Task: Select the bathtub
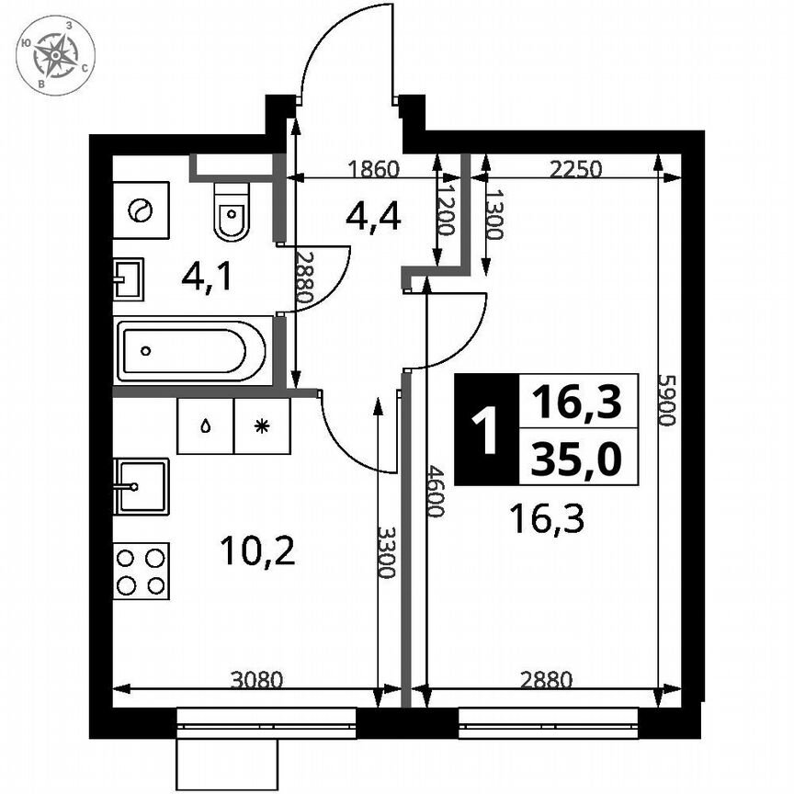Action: click(194, 350)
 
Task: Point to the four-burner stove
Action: click(142, 571)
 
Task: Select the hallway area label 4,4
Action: click(373, 217)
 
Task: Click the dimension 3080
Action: click(255, 681)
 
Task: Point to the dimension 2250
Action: click(575, 168)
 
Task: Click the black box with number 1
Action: click(484, 429)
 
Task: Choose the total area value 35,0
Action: click(577, 455)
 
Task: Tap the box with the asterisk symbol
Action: click(262, 425)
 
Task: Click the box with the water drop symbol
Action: click(205, 425)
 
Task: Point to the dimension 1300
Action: click(493, 214)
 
